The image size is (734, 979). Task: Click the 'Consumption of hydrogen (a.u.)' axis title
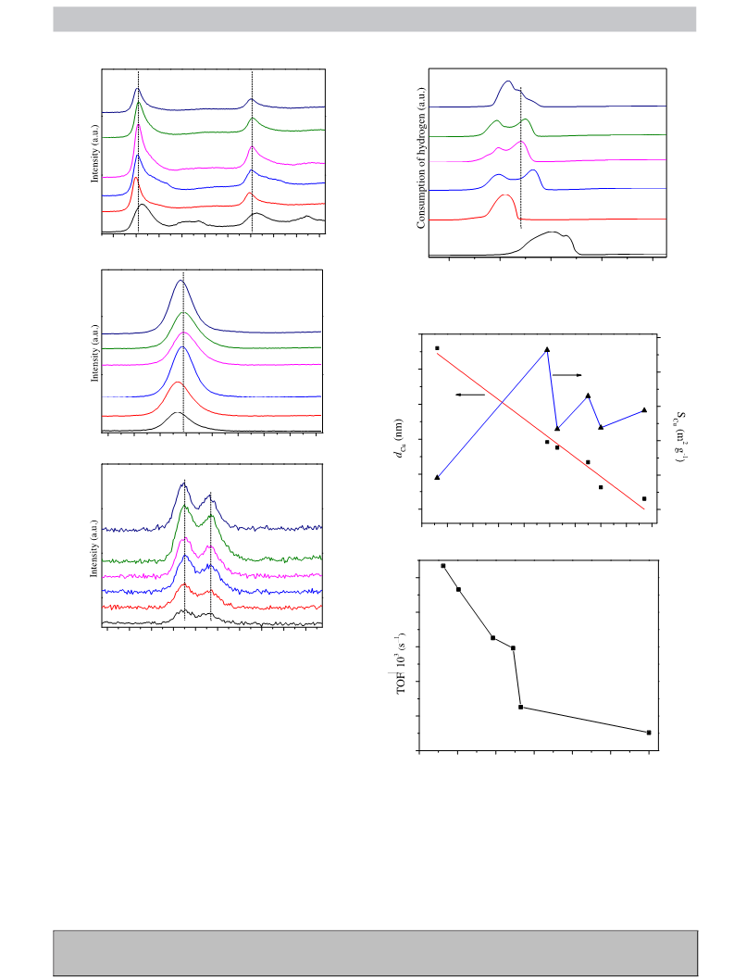(421, 157)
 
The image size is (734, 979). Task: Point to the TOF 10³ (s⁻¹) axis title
(402, 662)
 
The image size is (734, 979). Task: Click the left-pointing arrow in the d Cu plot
(470, 395)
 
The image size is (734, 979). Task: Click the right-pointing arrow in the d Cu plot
(567, 374)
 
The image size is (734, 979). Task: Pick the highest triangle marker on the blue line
(547, 350)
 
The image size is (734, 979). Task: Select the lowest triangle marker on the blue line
(437, 478)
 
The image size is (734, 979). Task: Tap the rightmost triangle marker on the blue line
(644, 409)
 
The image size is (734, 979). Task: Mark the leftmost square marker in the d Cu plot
(437, 347)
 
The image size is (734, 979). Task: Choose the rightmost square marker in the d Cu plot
(644, 499)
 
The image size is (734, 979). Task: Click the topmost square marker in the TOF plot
(443, 566)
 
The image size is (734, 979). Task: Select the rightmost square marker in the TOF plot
(649, 733)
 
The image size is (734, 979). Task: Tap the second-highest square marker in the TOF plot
(459, 589)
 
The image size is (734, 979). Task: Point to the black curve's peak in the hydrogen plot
(552, 232)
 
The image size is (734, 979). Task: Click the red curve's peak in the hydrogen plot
(505, 195)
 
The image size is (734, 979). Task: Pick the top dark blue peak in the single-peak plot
(181, 281)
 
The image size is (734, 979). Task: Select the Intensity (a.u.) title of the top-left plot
(94, 154)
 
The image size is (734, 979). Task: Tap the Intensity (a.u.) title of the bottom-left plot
(94, 548)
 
